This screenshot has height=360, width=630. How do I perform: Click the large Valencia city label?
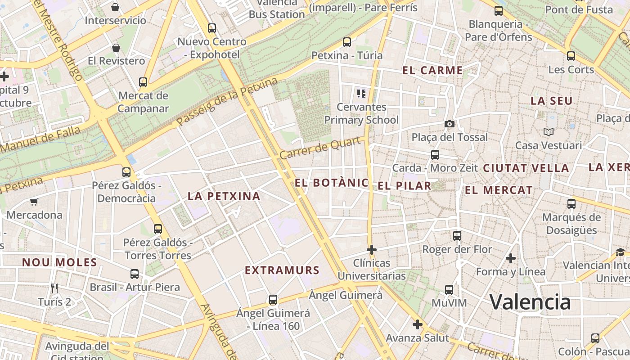click(x=530, y=302)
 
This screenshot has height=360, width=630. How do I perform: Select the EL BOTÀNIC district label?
click(x=332, y=183)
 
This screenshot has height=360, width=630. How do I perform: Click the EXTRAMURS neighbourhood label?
click(x=282, y=270)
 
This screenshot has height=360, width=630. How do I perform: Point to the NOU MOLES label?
click(x=59, y=262)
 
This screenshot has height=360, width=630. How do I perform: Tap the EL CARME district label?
click(x=432, y=70)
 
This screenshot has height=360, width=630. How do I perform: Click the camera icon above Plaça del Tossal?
click(x=449, y=124)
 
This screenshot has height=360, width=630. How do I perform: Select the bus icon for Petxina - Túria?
click(x=347, y=42)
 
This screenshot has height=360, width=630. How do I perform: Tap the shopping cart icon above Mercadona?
click(x=34, y=202)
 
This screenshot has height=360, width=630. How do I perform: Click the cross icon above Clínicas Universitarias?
click(x=372, y=249)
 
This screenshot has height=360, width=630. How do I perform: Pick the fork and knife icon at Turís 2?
click(x=54, y=288)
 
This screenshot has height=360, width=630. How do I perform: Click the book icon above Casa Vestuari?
click(x=548, y=132)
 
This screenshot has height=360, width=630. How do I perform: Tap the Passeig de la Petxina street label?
click(x=227, y=102)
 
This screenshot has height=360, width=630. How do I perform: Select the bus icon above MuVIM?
click(x=449, y=289)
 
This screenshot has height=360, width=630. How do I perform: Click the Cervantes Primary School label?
click(x=361, y=113)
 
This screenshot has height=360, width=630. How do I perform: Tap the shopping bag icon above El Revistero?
click(x=116, y=48)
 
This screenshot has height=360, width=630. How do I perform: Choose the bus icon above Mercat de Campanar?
click(x=143, y=82)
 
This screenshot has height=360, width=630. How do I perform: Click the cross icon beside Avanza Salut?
click(x=418, y=324)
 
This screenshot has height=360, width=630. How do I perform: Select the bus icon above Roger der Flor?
click(x=457, y=235)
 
